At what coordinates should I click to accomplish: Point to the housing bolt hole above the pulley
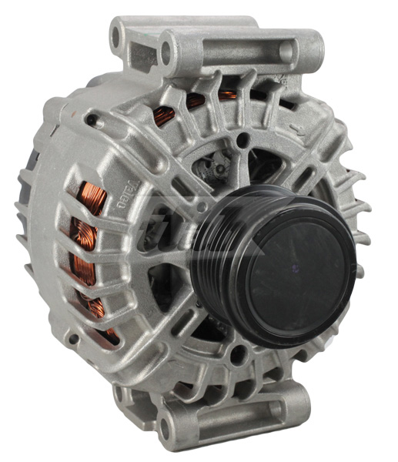coord(244,140)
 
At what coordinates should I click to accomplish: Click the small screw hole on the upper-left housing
coord(92,120)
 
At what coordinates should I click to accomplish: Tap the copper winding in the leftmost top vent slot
coord(162,115)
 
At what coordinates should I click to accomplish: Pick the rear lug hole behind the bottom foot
coord(121,394)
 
